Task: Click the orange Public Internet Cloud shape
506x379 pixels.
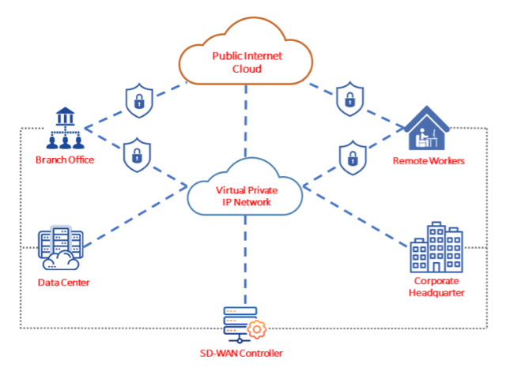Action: click(x=246, y=59)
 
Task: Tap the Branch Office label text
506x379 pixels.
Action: click(x=65, y=160)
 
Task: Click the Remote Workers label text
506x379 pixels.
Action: click(x=429, y=161)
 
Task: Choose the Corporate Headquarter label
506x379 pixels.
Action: click(x=438, y=286)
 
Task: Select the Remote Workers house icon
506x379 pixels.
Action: click(x=427, y=128)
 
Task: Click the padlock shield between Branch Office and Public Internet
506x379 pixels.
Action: click(x=139, y=101)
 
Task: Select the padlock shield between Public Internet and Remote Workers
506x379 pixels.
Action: click(x=348, y=99)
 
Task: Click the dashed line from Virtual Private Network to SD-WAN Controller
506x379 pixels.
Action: click(x=246, y=261)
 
